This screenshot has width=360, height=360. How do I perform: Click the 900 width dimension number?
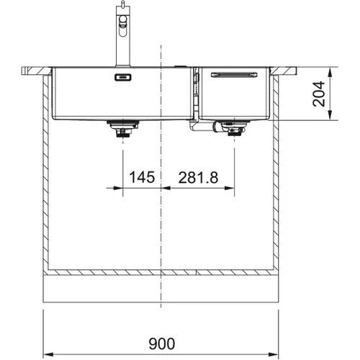162,343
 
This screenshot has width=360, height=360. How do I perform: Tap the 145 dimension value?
142,177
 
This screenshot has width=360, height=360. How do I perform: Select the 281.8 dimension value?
198,178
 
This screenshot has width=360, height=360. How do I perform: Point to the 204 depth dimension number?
319,94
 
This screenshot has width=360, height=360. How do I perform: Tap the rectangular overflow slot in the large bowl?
123,77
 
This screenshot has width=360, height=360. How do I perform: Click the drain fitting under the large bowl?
123,129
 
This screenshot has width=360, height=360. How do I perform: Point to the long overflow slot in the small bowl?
234,75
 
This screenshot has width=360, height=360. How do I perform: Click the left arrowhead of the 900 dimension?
48,354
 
